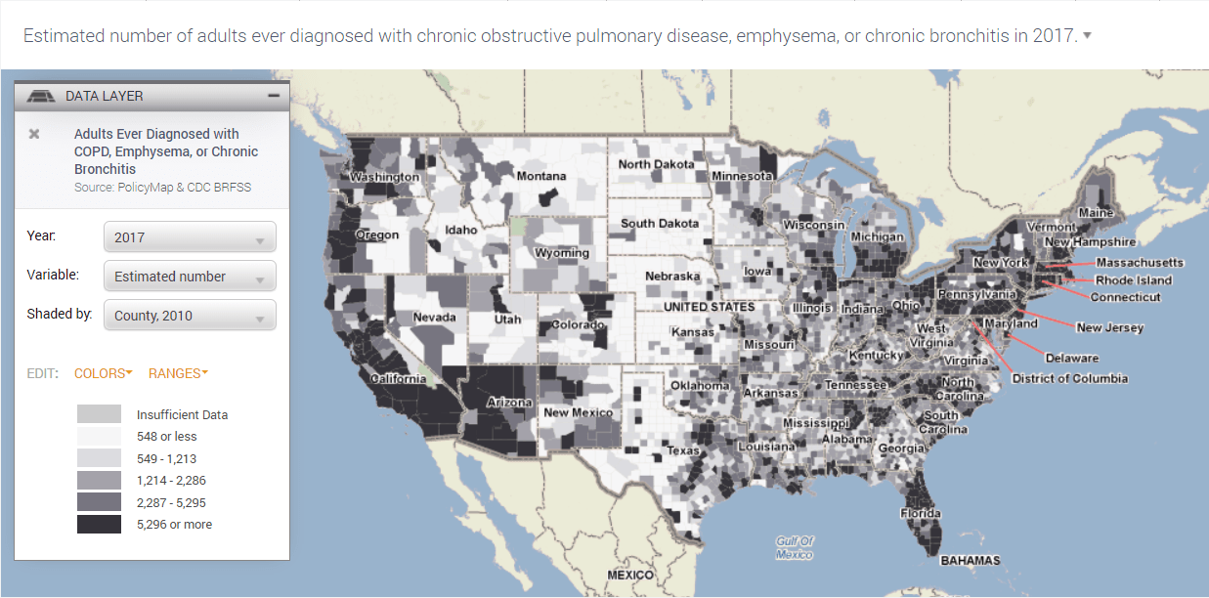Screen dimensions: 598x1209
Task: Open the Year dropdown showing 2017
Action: tap(190, 237)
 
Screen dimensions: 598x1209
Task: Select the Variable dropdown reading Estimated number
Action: tap(190, 277)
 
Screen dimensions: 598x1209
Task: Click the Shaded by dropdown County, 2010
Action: tap(190, 316)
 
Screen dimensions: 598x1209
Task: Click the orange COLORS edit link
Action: tap(103, 373)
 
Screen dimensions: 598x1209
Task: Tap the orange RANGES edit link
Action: tap(178, 373)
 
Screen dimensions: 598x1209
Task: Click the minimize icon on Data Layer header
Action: tap(274, 96)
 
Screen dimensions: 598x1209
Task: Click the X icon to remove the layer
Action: tap(34, 134)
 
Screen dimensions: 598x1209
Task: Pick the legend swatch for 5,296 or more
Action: tap(100, 525)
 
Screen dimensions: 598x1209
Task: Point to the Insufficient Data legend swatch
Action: tap(100, 414)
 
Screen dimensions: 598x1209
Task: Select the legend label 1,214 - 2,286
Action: tap(171, 481)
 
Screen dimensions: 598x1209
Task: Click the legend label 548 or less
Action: tap(166, 437)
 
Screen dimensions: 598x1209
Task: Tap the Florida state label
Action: tap(921, 513)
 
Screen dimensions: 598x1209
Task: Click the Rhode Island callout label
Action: tap(1133, 280)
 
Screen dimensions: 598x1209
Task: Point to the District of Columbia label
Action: tap(1069, 378)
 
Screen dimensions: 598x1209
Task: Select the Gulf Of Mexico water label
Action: tap(795, 548)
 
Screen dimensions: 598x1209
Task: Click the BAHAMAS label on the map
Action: tap(970, 561)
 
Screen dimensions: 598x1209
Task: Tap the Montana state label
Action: tap(540, 176)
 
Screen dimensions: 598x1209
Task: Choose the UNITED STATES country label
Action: tap(709, 307)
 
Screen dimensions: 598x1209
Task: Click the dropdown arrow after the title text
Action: tap(1088, 36)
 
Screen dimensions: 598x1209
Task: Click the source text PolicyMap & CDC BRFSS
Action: tap(162, 187)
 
